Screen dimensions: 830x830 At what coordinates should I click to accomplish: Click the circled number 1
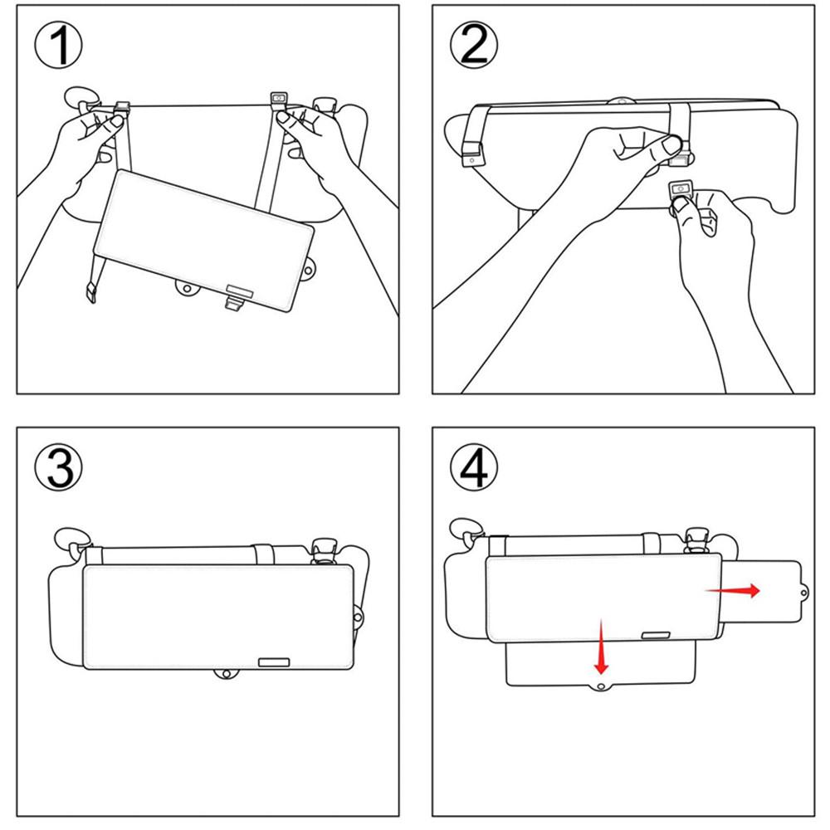(59, 45)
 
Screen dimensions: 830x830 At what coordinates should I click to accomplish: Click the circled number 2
(474, 45)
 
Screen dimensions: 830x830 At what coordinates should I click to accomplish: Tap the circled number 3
(59, 466)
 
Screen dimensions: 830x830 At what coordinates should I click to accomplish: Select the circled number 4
(474, 466)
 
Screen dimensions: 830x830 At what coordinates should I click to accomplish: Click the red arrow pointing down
(600, 647)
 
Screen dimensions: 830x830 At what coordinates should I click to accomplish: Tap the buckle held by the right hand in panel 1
(278, 100)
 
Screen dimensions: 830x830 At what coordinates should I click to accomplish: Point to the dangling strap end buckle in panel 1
(91, 292)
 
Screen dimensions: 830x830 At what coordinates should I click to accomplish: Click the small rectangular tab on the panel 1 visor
(241, 289)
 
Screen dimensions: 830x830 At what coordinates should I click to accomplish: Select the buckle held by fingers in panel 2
(681, 188)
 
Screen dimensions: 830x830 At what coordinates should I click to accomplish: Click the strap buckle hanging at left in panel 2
(472, 154)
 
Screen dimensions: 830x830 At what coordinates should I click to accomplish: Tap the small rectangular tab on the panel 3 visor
(274, 662)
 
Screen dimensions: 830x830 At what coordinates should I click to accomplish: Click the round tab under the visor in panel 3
(226, 674)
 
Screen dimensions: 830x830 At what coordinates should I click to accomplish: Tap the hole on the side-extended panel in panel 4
(803, 593)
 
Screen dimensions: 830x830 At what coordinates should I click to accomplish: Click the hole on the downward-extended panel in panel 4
(601, 687)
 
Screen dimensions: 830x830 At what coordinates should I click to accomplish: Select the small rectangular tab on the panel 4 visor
(656, 635)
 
